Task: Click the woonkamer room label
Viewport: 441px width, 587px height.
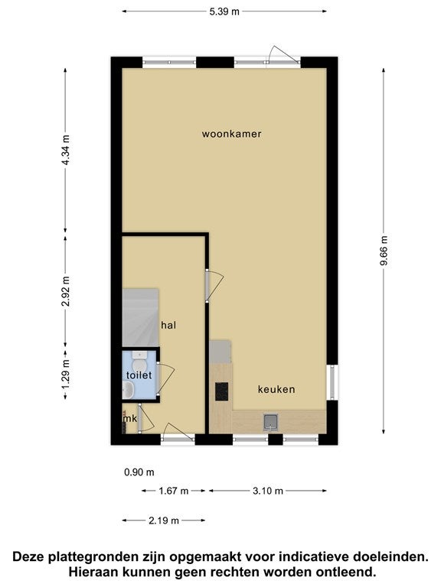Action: click(231, 134)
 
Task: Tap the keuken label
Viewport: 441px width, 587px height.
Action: click(276, 389)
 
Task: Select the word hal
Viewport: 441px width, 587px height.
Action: click(168, 325)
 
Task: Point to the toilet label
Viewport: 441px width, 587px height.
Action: click(139, 375)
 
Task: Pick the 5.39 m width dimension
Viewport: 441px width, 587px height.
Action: click(224, 11)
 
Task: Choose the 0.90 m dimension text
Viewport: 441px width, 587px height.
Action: click(139, 472)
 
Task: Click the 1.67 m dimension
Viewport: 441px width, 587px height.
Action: click(172, 491)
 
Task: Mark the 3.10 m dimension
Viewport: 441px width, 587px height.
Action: click(268, 491)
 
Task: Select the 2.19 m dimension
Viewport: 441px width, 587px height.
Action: click(163, 521)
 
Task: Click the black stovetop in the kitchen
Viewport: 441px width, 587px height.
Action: click(222, 391)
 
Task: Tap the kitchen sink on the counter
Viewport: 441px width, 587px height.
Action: click(270, 420)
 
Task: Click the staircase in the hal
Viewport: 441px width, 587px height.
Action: click(139, 317)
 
